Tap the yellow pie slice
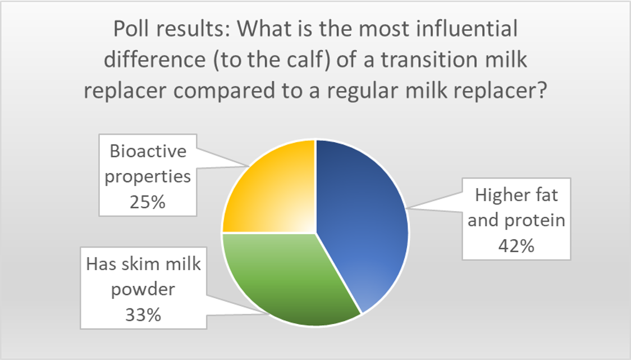click(273, 189)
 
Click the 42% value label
click(516, 245)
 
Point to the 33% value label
click(143, 315)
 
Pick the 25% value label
click(147, 202)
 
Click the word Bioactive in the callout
click(148, 152)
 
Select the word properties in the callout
click(148, 177)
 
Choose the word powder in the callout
click(143, 290)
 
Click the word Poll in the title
click(129, 29)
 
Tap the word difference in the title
click(155, 60)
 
